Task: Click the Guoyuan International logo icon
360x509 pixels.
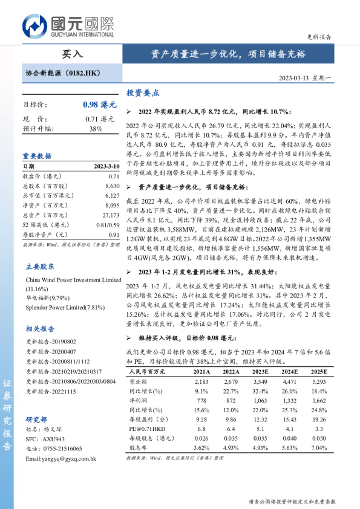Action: (x=35, y=26)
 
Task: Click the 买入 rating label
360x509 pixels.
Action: (x=73, y=54)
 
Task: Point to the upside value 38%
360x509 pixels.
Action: (x=96, y=129)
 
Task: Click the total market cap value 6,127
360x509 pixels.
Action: (x=113, y=196)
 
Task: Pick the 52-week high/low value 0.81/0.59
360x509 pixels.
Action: (x=108, y=225)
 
